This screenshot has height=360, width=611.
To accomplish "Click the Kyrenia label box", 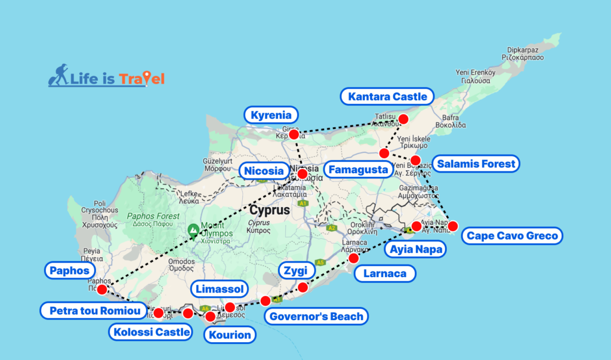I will tap(271, 115).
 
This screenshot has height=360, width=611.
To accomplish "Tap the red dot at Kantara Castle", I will tap(403, 119).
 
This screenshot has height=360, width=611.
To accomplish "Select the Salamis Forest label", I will tap(476, 164).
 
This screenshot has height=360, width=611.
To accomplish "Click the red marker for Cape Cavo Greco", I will tap(453, 226).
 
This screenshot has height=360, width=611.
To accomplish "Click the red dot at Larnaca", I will tap(353, 258).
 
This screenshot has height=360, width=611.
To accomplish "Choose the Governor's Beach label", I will tap(316, 316).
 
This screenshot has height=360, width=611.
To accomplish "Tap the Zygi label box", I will tap(296, 271).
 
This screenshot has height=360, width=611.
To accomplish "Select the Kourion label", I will tap(230, 335).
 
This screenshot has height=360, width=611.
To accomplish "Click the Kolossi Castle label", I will tap(152, 332).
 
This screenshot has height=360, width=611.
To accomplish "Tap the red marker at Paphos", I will tap(102, 290).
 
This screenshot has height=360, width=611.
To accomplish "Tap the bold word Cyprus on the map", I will tap(270, 210).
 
